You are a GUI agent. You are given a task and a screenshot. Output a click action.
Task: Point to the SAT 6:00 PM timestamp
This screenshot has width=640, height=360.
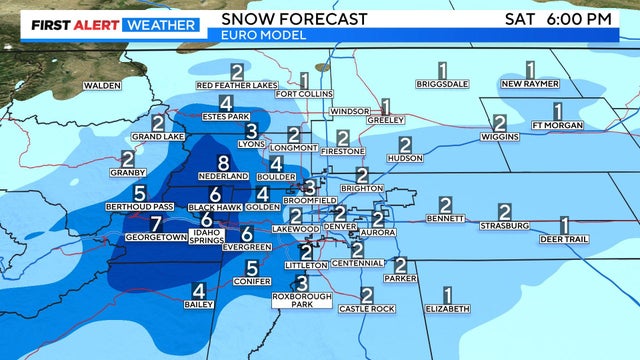point(572,18)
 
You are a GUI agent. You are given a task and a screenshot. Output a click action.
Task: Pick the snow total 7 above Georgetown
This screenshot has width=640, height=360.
point(155,224)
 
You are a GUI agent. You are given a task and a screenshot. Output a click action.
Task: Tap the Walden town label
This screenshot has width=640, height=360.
point(102,86)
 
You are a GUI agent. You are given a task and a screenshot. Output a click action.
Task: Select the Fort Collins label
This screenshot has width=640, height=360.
point(302,94)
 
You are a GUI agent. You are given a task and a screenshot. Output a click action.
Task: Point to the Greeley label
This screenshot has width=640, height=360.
point(385,120)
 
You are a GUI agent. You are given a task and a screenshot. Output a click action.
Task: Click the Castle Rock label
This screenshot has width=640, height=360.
point(367,309)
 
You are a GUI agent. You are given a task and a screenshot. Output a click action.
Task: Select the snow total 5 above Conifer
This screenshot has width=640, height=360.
point(252,268)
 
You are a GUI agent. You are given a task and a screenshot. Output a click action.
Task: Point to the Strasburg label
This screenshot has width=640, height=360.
point(504,226)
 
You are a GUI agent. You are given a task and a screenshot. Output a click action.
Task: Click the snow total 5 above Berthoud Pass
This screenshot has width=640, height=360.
point(140,193)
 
